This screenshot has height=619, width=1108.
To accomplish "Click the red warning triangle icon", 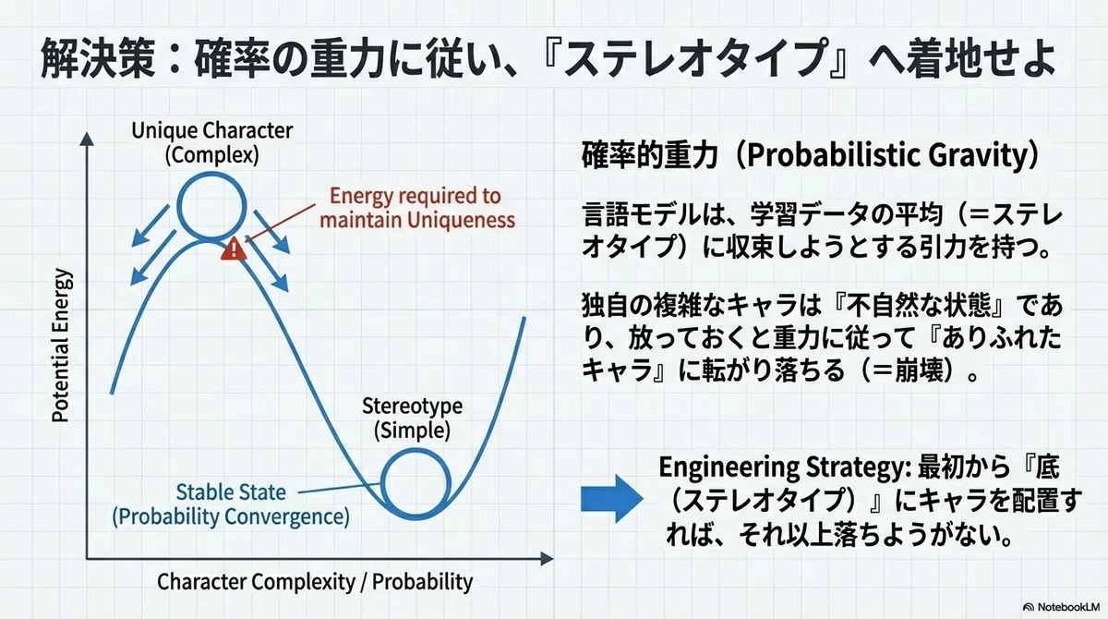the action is click(234, 249).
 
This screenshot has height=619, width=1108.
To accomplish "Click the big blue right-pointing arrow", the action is click(612, 498).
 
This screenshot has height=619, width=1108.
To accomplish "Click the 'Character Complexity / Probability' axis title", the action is click(315, 581).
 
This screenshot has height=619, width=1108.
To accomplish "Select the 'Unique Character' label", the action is click(211, 130).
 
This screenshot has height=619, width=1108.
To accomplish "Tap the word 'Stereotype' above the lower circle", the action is click(412, 407).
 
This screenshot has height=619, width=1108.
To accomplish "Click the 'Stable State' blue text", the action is click(231, 492).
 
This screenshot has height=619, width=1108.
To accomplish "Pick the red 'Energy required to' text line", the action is click(415, 196).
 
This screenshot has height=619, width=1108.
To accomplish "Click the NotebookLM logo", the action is click(1061, 607).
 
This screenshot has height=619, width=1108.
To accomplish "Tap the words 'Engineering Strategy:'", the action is click(785, 467).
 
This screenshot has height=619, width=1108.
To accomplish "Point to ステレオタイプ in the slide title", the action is click(696, 59).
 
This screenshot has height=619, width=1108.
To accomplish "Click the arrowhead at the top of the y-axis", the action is click(87, 139).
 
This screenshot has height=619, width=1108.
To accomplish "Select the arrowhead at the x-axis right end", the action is click(547, 559).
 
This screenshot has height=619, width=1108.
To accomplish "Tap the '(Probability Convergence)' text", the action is click(231, 516).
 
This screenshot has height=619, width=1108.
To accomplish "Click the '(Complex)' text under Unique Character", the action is click(211, 155).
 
